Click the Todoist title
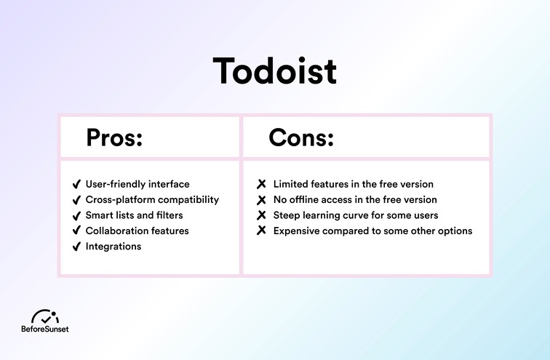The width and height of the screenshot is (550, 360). [x=274, y=72]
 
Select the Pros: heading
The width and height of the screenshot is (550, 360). [x=114, y=137]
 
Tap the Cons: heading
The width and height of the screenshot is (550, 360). [x=300, y=137]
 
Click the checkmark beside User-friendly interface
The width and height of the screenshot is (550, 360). [x=76, y=185]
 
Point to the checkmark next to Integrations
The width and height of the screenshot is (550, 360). [x=76, y=247]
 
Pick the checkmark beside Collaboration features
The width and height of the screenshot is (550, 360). [x=76, y=231]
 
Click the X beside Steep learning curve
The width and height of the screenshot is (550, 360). [x=263, y=215]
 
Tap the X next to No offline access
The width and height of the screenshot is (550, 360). [x=263, y=200]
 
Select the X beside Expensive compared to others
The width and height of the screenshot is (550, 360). [x=263, y=231]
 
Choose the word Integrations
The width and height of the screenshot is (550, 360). [x=113, y=247]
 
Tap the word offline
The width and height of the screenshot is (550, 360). [x=306, y=200]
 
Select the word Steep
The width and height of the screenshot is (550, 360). [x=287, y=215]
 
